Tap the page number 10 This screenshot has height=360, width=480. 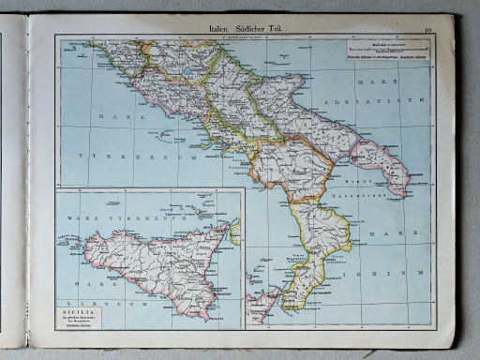[x=426, y=31]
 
